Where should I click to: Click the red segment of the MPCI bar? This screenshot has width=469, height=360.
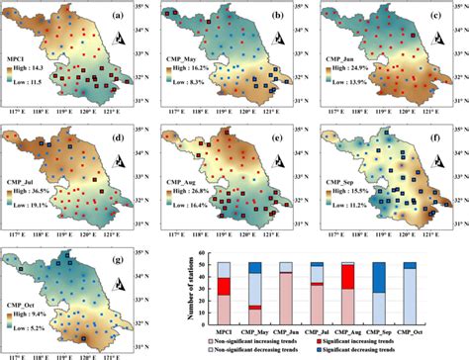tap(224, 286)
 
